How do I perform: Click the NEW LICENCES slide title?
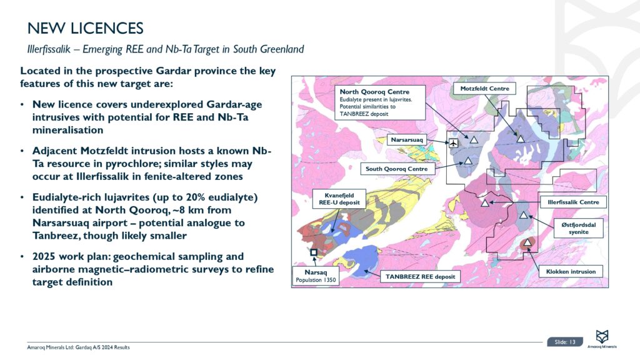pos(86,28)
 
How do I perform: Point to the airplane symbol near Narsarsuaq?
pos(454,143)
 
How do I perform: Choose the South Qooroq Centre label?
pos(397,169)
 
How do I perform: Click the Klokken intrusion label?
pos(571,271)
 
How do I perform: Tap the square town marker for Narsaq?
pos(313,252)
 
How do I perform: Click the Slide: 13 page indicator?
pos(565,342)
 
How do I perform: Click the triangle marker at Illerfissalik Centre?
pos(484,202)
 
